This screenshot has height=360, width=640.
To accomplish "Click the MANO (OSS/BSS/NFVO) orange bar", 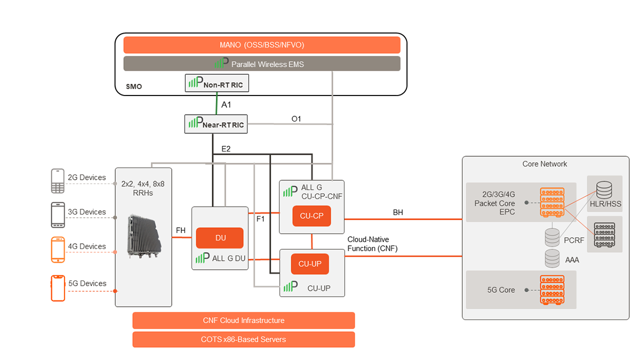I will [x=262, y=45].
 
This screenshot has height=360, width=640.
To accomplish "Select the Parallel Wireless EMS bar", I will [x=262, y=64].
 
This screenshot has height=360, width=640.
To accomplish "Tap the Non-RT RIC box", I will [x=217, y=83].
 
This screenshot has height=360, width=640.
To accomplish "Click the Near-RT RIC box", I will [x=216, y=124].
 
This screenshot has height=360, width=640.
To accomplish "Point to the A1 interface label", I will [x=226, y=105].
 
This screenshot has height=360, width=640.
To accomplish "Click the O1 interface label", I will [x=296, y=118].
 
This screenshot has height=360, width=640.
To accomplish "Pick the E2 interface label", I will [x=226, y=149].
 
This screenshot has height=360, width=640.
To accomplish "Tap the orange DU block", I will [x=220, y=238].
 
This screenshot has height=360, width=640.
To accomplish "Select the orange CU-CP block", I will [x=311, y=216].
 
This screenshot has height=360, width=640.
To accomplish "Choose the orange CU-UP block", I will [x=310, y=263].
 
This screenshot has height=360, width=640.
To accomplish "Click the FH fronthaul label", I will [x=181, y=230].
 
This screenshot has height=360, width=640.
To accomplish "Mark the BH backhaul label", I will [x=398, y=212].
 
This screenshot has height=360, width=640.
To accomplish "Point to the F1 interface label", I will [x=261, y=219].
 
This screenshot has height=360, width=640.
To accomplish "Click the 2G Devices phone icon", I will [x=58, y=181].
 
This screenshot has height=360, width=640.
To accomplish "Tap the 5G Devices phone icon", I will [x=58, y=288].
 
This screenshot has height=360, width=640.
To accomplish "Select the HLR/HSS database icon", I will [x=604, y=189].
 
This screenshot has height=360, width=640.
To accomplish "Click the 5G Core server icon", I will [x=551, y=290].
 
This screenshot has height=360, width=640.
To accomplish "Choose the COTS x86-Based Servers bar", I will [x=243, y=339].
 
